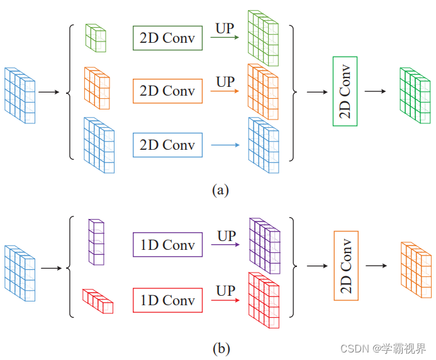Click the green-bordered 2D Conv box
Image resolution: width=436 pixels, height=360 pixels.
tap(167, 38)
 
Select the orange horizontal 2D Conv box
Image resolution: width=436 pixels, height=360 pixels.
tap(167, 91)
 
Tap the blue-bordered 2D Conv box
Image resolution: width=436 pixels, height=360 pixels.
tap(167, 145)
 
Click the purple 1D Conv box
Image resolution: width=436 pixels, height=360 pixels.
tap(167, 245)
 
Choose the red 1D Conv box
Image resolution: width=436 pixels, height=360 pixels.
tap(167, 300)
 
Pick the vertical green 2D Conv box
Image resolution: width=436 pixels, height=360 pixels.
tap(345, 91)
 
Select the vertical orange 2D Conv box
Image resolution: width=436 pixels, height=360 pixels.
tap(346, 266)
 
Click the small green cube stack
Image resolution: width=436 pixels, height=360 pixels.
tap(96, 38)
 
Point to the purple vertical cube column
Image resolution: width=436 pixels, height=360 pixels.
tap(96, 242)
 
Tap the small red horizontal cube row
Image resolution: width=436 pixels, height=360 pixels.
tap(98, 300)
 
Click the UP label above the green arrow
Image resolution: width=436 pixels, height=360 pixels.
tap(225, 28)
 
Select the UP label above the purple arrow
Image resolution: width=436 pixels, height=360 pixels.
tap(226, 236)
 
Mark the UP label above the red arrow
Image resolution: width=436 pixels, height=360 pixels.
tap(226, 291)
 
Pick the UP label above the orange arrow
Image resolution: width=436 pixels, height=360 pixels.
tap(225, 81)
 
